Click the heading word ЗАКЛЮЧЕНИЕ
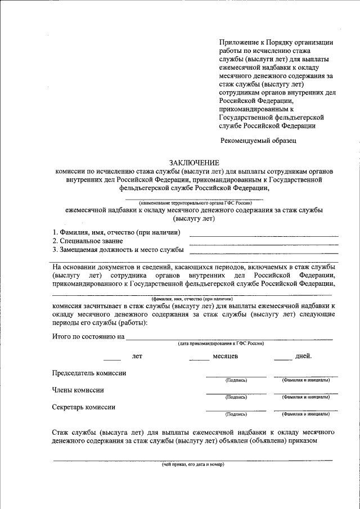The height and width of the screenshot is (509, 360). pyautogui.click(x=194, y=161)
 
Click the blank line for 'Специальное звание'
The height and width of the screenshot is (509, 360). pyautogui.click(x=263, y=244)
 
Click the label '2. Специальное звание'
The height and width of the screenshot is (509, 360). pyautogui.click(x=87, y=241)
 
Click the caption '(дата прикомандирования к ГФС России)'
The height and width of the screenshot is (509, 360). pyautogui.click(x=221, y=343)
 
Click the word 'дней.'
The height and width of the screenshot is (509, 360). pyautogui.click(x=303, y=356)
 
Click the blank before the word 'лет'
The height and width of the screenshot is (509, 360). pyautogui.click(x=112, y=359)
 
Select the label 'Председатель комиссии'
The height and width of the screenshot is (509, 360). pyautogui.click(x=89, y=373)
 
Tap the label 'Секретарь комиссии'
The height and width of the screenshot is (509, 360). pyautogui.click(x=84, y=407)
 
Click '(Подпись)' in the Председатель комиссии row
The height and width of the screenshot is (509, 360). pyautogui.click(x=236, y=380)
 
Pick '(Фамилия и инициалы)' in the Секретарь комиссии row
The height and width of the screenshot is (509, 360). pyautogui.click(x=305, y=414)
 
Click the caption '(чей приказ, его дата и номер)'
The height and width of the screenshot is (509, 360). pyautogui.click(x=193, y=465)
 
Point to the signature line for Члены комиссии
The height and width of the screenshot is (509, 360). pyautogui.click(x=236, y=393)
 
